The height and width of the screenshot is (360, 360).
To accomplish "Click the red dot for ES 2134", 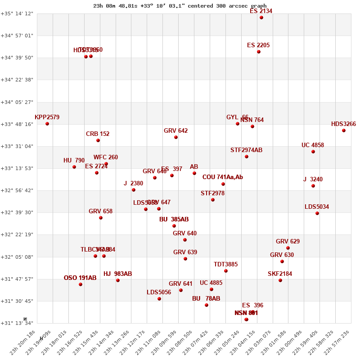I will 261,18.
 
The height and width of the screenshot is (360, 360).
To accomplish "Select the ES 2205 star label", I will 258,45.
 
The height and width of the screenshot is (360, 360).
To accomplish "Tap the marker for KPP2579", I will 47,124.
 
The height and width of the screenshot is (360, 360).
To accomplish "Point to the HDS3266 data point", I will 344,130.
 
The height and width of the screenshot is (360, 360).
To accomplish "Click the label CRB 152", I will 98,134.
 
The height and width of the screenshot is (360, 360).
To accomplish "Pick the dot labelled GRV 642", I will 176,137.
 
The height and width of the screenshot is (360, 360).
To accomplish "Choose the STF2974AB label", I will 246,150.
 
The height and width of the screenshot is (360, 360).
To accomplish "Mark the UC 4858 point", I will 313,152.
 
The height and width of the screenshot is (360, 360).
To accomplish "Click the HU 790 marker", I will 74,167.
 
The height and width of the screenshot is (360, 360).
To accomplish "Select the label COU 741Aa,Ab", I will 223,177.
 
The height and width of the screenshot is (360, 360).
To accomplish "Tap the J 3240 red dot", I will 313,186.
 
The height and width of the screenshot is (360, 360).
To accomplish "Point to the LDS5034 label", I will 317,207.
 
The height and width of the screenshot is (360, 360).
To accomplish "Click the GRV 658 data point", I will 101,218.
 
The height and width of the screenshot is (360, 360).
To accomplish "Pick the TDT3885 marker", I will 226,271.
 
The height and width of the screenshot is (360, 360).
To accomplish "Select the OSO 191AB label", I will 80,278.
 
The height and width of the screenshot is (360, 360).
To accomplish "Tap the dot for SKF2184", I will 280,280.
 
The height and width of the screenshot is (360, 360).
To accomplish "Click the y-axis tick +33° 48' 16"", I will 17,124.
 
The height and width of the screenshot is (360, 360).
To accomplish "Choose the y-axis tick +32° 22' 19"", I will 17,235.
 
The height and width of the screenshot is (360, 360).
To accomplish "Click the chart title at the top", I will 180,6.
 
